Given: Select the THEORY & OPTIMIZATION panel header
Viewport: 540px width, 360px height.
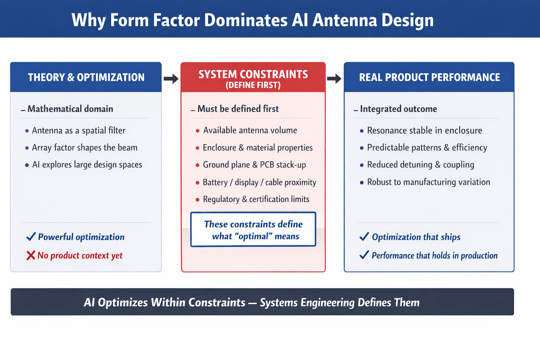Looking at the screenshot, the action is click(86, 77).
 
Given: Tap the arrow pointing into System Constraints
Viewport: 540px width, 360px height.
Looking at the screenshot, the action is click(171, 79).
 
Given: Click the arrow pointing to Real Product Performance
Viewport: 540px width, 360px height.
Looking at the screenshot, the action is click(334, 78).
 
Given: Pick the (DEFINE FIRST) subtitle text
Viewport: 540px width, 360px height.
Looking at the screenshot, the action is click(253, 85).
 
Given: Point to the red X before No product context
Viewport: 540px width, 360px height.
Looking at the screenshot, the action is click(31, 255).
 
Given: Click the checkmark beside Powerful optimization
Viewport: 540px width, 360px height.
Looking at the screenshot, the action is click(31, 237).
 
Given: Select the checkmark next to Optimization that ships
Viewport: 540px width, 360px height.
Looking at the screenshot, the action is click(364, 237).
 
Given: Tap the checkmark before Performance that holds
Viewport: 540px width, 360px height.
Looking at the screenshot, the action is click(364, 255).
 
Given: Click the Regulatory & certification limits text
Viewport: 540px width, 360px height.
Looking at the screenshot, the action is click(256, 199).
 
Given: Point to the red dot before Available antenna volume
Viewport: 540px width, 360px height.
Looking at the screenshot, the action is click(198, 131).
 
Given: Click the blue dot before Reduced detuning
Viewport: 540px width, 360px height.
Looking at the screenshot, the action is click(362, 165).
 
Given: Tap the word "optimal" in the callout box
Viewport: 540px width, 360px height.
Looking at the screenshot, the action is click(255, 236).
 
